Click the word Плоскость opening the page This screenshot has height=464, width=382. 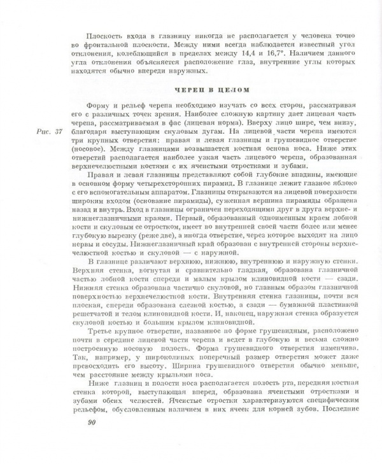(x=108, y=31)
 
